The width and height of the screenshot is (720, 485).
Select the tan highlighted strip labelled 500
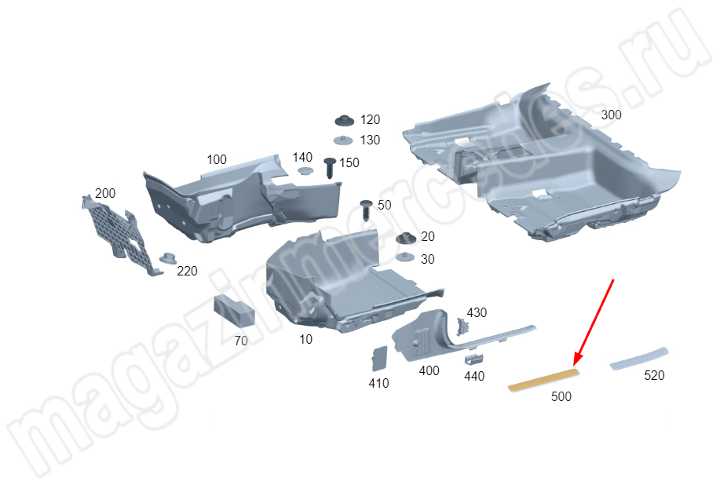pyautogui.click(x=543, y=380)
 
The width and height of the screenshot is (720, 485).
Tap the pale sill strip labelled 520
pyautogui.click(x=638, y=359)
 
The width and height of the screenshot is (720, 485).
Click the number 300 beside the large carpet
pyautogui.click(x=611, y=115)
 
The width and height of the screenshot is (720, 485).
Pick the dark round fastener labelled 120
pyautogui.click(x=344, y=120)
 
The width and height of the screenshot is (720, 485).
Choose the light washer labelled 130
pyautogui.click(x=343, y=140)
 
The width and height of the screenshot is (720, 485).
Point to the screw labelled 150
pyautogui.click(x=330, y=168)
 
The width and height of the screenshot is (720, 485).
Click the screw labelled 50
pyautogui.click(x=366, y=210)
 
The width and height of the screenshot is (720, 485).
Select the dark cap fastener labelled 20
pyautogui.click(x=406, y=238)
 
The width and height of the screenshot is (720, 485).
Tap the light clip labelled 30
pyautogui.click(x=405, y=257)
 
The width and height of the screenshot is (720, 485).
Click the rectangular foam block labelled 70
pyautogui.click(x=234, y=311)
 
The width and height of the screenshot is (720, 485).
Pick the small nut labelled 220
pyautogui.click(x=168, y=258)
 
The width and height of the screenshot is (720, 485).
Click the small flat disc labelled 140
pyautogui.click(x=305, y=170)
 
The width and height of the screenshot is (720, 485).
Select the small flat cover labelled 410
pyautogui.click(x=379, y=359)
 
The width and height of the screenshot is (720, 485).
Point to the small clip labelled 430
pyautogui.click(x=462, y=326)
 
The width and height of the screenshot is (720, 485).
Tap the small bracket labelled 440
pyautogui.click(x=474, y=359)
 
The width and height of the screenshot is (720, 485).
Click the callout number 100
pyautogui.click(x=217, y=159)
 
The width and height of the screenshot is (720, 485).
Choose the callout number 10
pyautogui.click(x=305, y=340)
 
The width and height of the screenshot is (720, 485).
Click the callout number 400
pyautogui.click(x=429, y=370)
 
